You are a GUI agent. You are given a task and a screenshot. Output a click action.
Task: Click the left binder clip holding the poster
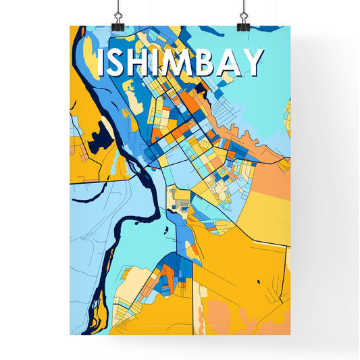[x=118, y=20]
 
